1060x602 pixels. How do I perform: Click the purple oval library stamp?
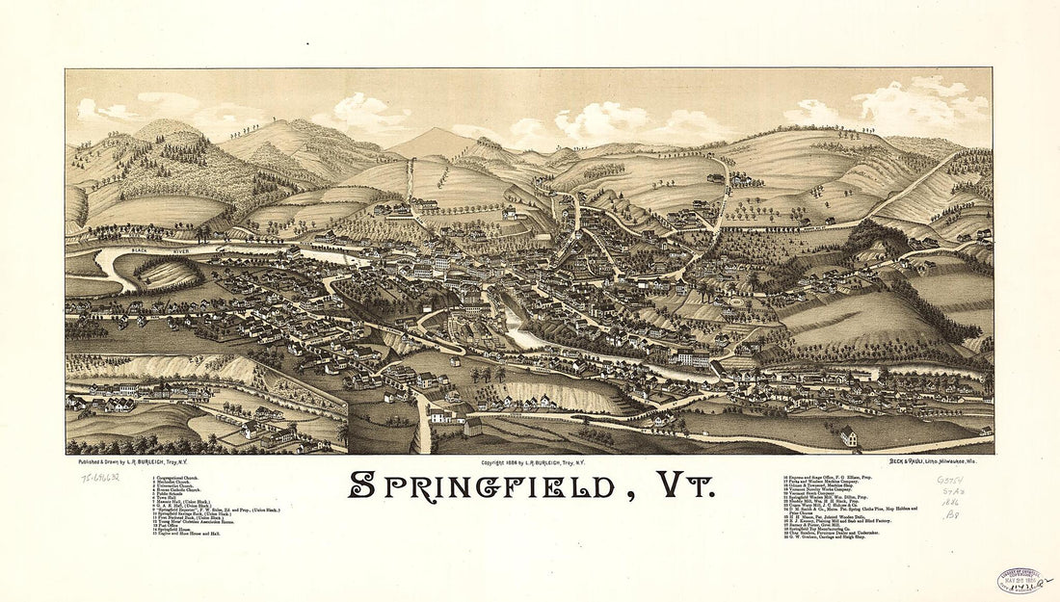[1021, 580]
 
